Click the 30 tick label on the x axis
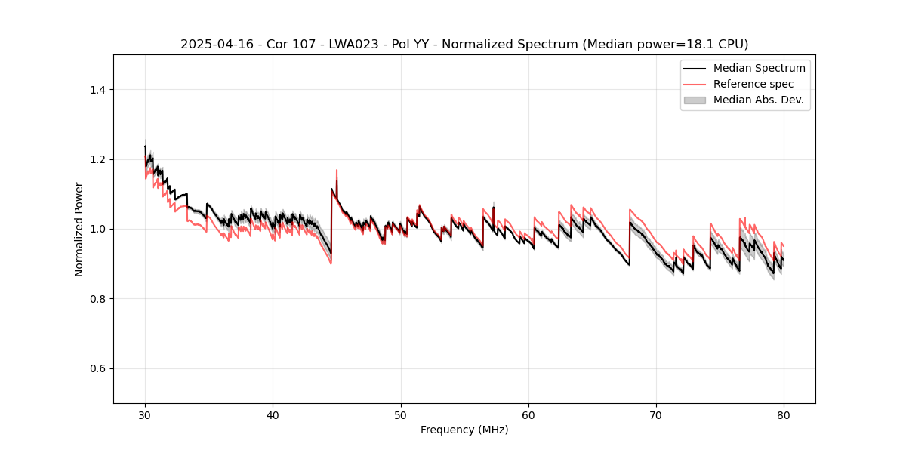click(145, 414)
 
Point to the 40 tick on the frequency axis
click(273, 414)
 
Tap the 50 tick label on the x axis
click(401, 414)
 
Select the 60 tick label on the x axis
click(528, 414)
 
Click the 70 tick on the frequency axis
click(656, 414)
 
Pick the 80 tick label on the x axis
click(784, 414)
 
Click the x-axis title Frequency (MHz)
click(464, 430)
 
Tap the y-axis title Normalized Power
click(79, 229)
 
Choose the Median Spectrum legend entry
click(759, 68)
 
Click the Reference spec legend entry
click(753, 84)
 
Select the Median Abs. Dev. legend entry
click(758, 100)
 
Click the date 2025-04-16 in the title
click(214, 45)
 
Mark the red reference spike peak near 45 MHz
click(337, 170)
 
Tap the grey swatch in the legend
click(695, 100)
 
